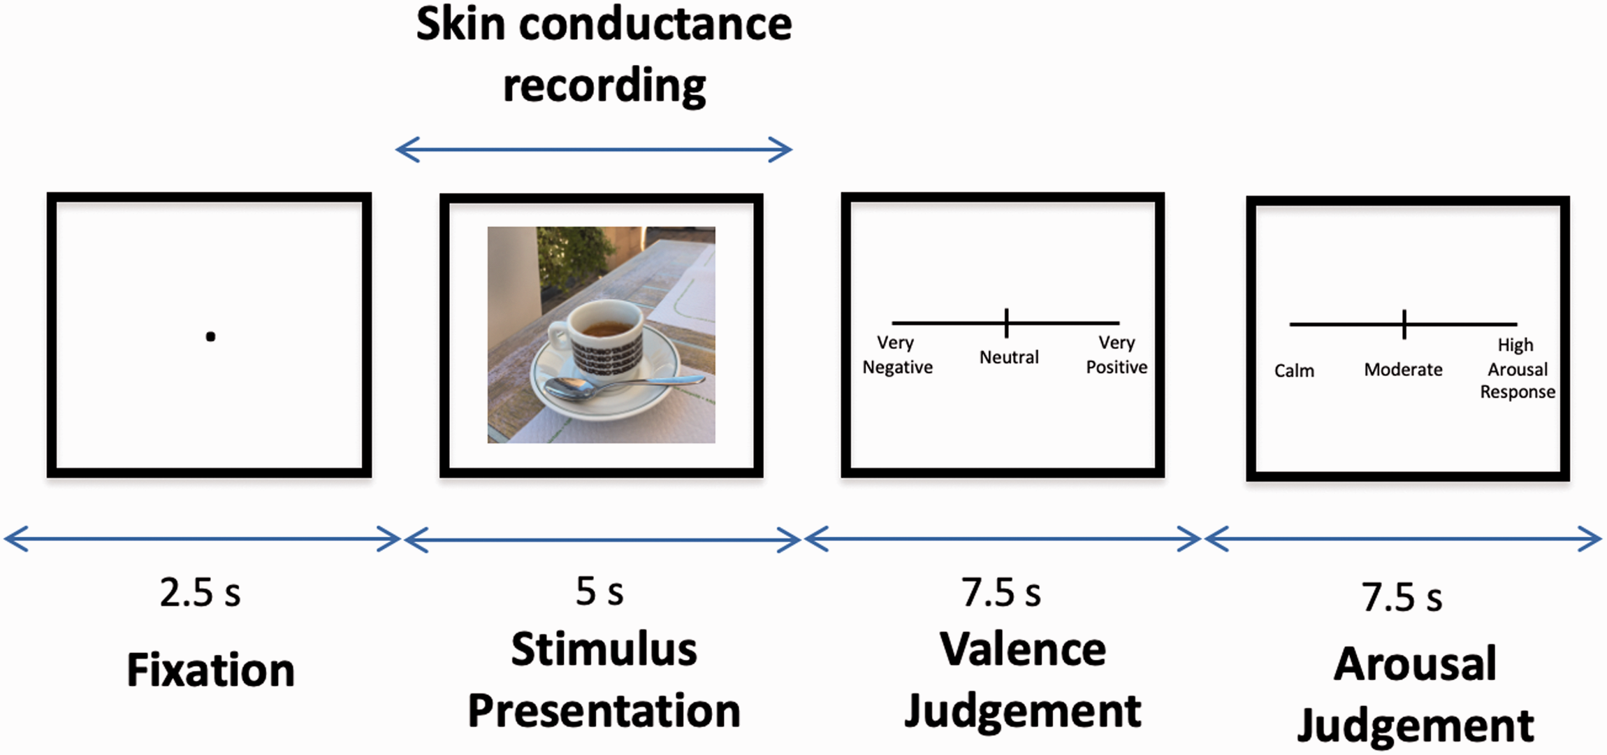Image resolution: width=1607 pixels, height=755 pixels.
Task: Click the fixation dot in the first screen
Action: [x=210, y=337]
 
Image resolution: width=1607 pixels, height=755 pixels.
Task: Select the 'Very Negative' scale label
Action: [x=897, y=355]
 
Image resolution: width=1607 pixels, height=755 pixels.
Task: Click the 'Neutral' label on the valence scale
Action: [x=1009, y=357]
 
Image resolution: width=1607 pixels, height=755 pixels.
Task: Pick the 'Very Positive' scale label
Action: [x=1117, y=355]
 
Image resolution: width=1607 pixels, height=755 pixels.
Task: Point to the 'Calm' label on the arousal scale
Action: [x=1294, y=371]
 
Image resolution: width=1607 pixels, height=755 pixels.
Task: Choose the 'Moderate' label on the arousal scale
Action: [x=1403, y=370]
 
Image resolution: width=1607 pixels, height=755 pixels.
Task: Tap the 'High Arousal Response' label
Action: [x=1518, y=368]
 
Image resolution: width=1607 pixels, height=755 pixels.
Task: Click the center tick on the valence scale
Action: [x=1006, y=323]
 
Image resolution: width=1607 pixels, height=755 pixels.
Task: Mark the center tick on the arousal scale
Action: [x=1404, y=324]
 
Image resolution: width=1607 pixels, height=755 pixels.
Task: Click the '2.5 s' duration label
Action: [x=200, y=593]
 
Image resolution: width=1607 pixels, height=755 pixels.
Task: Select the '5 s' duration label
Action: [x=599, y=592]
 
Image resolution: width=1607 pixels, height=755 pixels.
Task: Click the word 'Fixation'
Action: [x=210, y=670]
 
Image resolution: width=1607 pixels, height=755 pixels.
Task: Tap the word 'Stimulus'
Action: [x=604, y=649]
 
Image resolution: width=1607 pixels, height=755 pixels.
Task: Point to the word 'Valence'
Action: [x=1023, y=649]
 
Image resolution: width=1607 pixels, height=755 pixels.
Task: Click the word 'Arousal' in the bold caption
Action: [x=1415, y=663]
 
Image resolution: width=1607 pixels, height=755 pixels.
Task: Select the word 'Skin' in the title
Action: [x=460, y=24]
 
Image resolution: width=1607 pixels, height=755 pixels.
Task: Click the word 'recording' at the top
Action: [x=604, y=85]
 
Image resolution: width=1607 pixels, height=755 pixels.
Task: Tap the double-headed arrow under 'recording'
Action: [x=594, y=149]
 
